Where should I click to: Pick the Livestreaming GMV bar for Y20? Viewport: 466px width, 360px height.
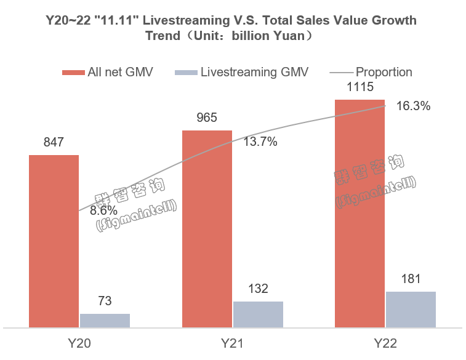point(105,320)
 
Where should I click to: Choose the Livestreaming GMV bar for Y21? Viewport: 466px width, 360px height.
point(258,314)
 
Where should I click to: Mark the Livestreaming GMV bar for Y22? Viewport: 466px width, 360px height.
point(411,309)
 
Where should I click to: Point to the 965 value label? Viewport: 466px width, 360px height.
point(207,118)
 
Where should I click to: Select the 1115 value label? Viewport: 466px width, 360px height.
point(360,87)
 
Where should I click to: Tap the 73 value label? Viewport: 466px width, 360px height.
point(105,302)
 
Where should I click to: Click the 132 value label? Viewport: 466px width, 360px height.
point(258,289)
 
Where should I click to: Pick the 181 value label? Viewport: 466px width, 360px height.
point(411,279)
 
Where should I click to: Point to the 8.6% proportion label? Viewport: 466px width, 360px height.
point(103,210)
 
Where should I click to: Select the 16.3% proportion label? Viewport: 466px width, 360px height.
point(412,106)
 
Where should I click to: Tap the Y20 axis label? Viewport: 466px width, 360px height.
point(79,342)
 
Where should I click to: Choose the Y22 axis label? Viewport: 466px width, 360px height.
point(385,342)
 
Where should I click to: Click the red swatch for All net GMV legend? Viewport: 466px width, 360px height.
point(73,73)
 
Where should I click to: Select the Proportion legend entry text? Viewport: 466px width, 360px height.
point(384,72)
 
